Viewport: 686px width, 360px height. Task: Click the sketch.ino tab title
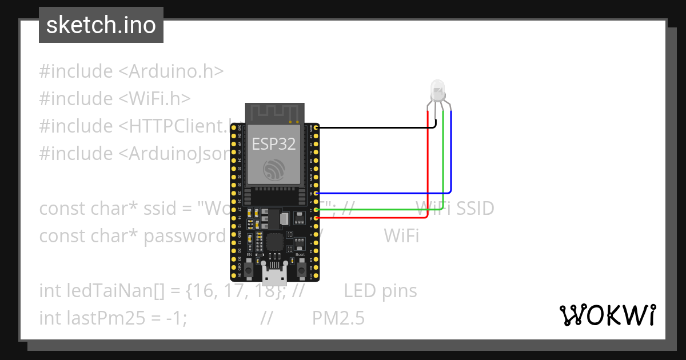click(x=101, y=25)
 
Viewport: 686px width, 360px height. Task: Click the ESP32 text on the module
click(x=274, y=144)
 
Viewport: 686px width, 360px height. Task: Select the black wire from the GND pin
click(x=372, y=128)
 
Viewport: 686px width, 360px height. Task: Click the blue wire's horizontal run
click(x=383, y=193)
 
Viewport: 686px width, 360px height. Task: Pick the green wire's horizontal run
click(x=377, y=210)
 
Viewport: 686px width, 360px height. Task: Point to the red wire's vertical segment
click(x=429, y=166)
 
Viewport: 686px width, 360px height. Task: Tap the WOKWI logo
click(x=607, y=315)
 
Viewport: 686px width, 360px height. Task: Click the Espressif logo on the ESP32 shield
click(x=274, y=170)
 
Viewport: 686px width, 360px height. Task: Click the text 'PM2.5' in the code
click(x=338, y=318)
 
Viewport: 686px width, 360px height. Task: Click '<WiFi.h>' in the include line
click(x=154, y=98)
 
